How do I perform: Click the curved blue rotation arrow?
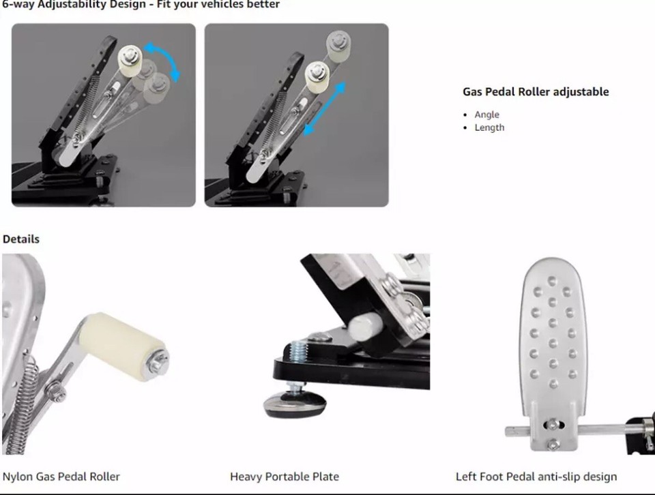[167, 59]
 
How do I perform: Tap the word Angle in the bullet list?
[487, 115]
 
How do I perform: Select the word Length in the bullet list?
[489, 127]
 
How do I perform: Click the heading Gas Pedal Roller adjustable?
[536, 91]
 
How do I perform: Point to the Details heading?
[21, 239]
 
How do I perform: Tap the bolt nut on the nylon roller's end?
[159, 359]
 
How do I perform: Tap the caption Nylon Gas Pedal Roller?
[61, 477]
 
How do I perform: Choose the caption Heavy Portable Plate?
[285, 477]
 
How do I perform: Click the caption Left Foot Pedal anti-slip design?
[536, 477]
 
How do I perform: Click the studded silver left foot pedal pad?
[552, 334]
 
